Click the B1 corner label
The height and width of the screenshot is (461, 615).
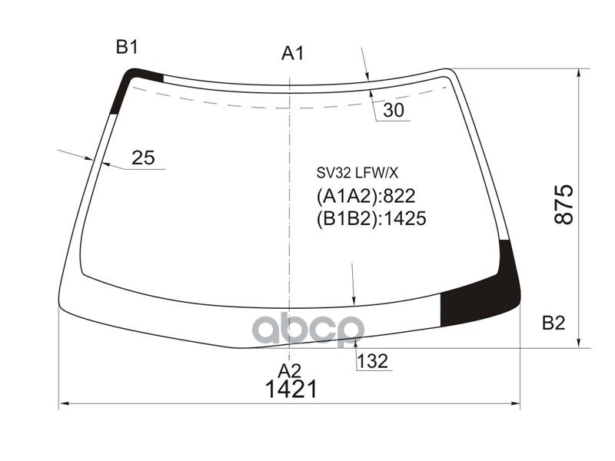pyautogui.click(x=127, y=48)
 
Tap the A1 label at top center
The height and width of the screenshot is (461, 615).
pyautogui.click(x=293, y=53)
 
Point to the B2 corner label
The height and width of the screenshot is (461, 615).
pyautogui.click(x=553, y=323)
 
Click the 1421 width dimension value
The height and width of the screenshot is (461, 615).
pyautogui.click(x=291, y=389)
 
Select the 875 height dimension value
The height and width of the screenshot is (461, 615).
pyautogui.click(x=565, y=204)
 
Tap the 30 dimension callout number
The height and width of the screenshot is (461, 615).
pyautogui.click(x=393, y=111)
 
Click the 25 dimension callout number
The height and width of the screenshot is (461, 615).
pyautogui.click(x=143, y=158)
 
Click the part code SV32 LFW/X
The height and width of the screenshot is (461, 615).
pyautogui.click(x=357, y=173)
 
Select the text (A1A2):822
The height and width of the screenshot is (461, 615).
pyautogui.click(x=366, y=196)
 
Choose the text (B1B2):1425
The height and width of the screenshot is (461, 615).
pyautogui.click(x=371, y=219)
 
